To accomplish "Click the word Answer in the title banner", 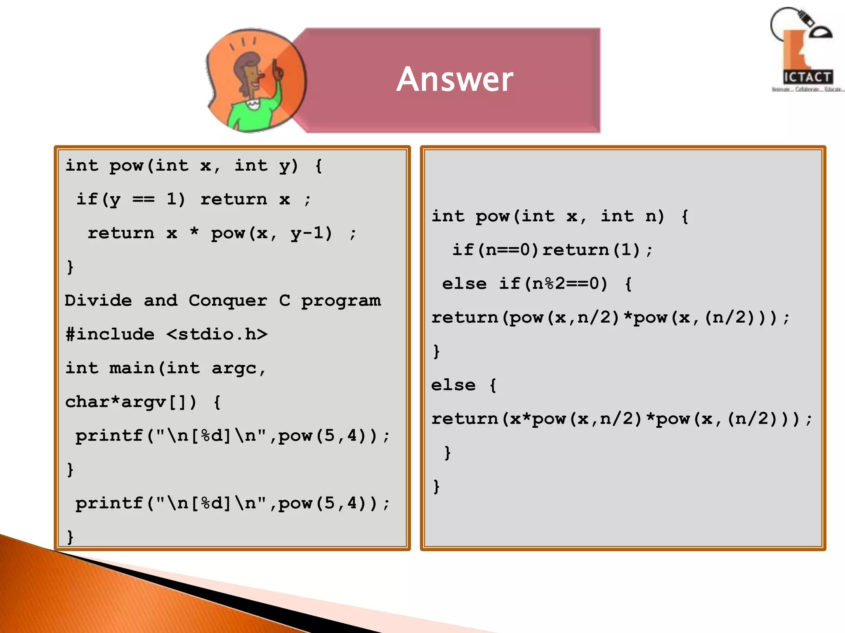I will click(455, 79).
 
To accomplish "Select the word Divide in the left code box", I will click(98, 300).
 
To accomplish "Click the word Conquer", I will click(228, 300).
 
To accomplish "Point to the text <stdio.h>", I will click(217, 334).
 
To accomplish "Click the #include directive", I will click(110, 334).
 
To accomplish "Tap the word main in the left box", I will click(132, 368).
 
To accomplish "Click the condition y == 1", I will click(143, 200).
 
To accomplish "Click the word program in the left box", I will click(341, 301).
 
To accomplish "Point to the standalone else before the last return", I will click(453, 385).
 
